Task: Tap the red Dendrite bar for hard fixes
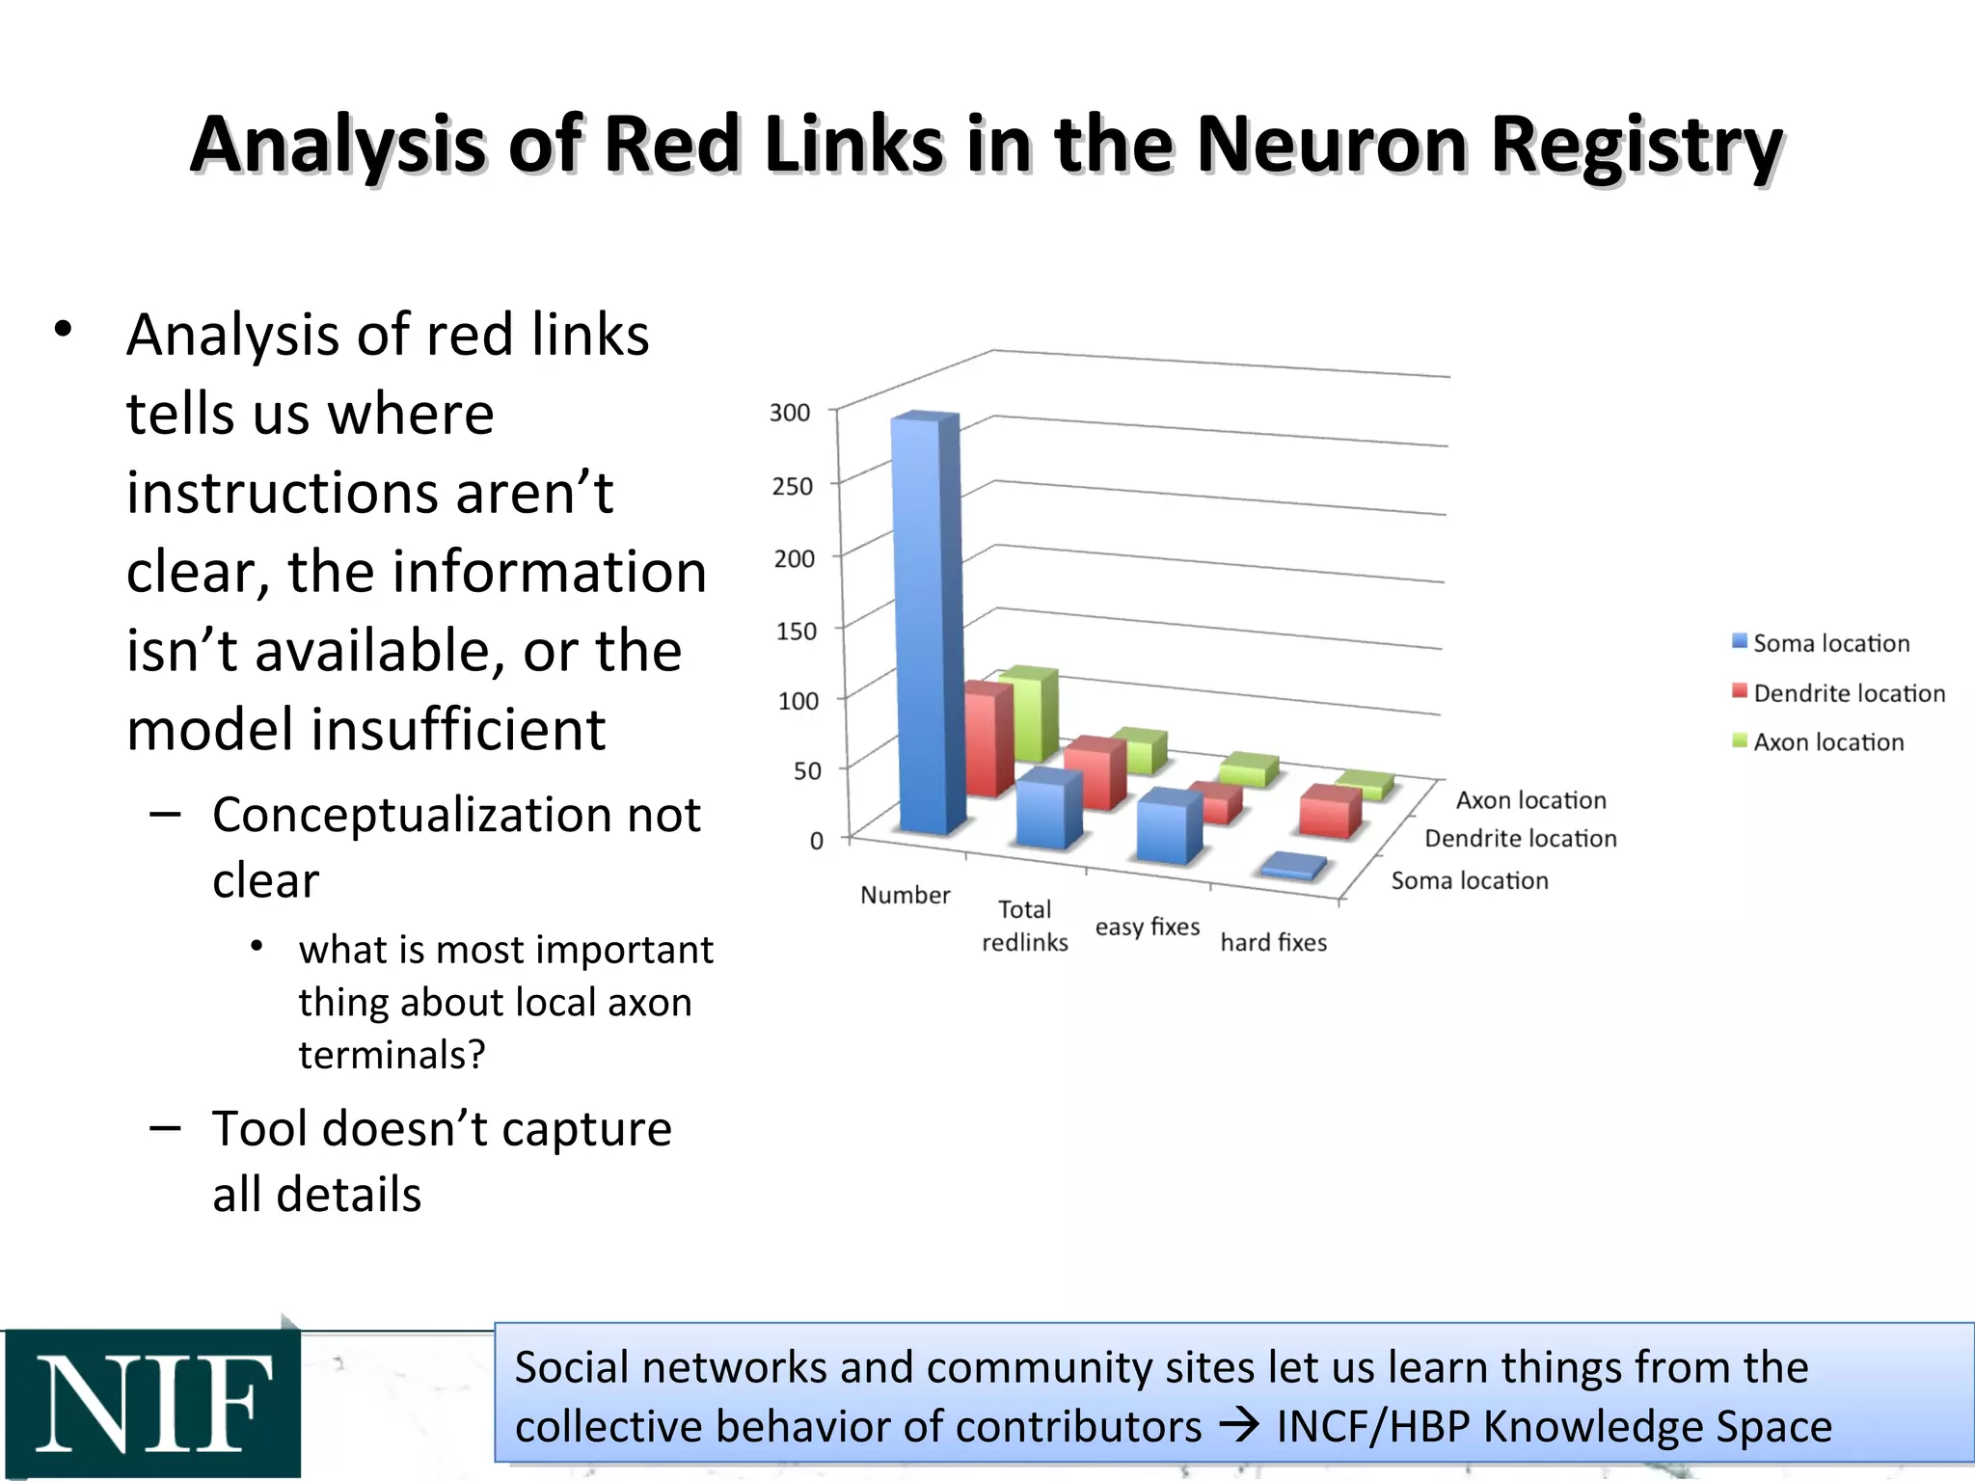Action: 1329,813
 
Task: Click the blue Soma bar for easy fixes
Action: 1168,827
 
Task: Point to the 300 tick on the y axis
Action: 790,413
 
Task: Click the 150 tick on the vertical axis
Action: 797,632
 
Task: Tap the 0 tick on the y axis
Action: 817,841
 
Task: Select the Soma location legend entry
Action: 1821,643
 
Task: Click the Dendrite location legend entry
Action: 1838,693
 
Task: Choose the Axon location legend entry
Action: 1818,742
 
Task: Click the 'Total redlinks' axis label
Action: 1024,926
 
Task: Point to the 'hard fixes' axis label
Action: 1273,942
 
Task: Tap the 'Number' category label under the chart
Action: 905,895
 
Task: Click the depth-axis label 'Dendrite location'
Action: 1521,839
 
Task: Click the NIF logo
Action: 152,1403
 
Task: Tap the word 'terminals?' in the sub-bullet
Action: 392,1055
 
